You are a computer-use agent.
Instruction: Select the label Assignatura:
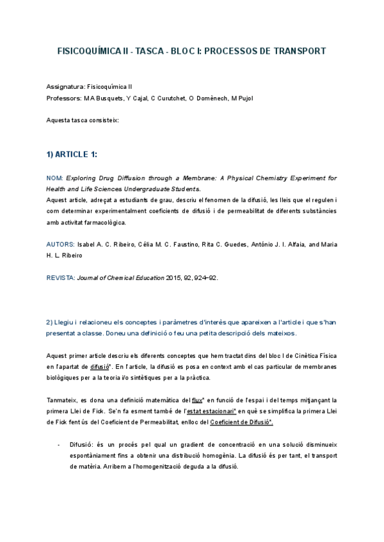pyautogui.click(x=66, y=86)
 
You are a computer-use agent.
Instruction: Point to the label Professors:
pyautogui.click(x=64, y=98)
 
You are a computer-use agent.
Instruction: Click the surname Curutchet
pyautogui.click(x=170, y=98)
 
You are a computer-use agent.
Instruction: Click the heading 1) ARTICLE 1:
pyautogui.click(x=72, y=154)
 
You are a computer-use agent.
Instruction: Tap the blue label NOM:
pyautogui.click(x=55, y=177)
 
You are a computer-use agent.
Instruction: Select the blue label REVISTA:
pyautogui.click(x=61, y=279)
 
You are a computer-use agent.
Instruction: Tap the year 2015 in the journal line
pyautogui.click(x=174, y=279)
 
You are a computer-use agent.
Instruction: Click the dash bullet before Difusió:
pyautogui.click(x=58, y=444)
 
